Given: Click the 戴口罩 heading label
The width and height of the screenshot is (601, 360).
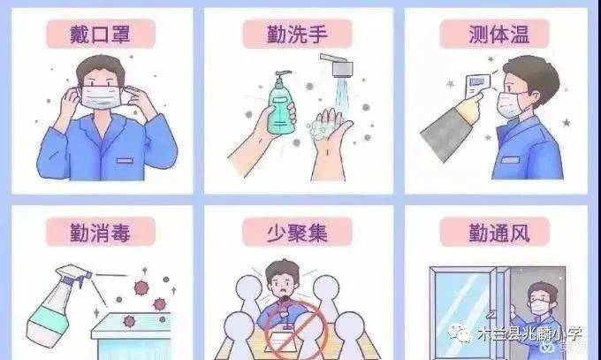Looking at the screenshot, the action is tap(101, 34).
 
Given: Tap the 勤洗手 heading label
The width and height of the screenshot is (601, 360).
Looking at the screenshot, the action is tap(298, 34).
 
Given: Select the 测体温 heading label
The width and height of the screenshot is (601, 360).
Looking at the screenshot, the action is tap(495, 34).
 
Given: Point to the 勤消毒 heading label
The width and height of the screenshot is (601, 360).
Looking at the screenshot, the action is tap(101, 232).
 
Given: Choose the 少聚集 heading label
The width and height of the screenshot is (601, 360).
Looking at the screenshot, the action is tap(298, 232).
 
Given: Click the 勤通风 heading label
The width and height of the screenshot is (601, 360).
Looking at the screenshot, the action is tap(495, 233).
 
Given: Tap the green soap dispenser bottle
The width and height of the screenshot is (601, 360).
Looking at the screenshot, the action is tap(281, 103).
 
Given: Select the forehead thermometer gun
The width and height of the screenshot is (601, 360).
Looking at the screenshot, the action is tap(478, 84).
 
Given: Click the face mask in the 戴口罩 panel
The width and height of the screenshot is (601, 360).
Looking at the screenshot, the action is tap(102, 97).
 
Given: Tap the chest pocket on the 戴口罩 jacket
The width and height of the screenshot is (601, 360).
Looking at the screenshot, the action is tap(125, 160).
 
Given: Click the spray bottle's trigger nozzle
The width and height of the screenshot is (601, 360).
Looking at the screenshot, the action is tap(75, 272).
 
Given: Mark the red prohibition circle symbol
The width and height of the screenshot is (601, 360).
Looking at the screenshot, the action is tap(294, 330).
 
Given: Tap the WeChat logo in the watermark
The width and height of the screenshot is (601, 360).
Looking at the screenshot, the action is tap(460, 333).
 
